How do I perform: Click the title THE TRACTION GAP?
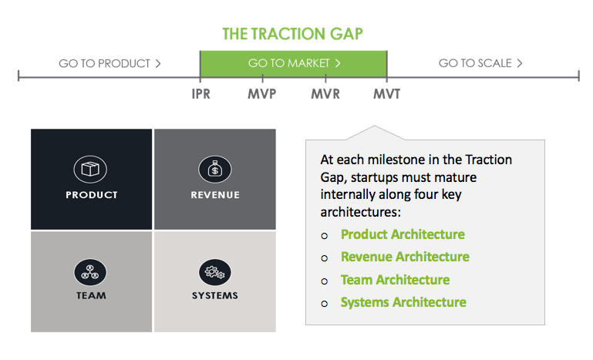click(292, 34)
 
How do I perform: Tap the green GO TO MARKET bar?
click(294, 64)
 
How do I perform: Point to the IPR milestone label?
click(200, 94)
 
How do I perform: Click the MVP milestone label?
click(262, 94)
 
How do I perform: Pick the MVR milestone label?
click(325, 94)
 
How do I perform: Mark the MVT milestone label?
click(386, 94)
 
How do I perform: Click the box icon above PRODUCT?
click(90, 169)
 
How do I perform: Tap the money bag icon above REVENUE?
click(215, 169)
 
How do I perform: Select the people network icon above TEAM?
click(90, 272)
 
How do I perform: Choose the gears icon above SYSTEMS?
click(215, 272)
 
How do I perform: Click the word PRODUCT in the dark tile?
click(92, 195)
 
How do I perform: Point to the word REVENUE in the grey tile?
click(215, 195)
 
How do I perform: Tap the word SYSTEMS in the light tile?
click(215, 295)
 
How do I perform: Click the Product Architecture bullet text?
click(403, 234)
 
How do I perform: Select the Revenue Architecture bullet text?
click(405, 257)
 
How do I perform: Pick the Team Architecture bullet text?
click(396, 280)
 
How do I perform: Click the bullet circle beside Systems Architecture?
click(324, 304)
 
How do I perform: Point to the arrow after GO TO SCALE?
click(520, 62)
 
